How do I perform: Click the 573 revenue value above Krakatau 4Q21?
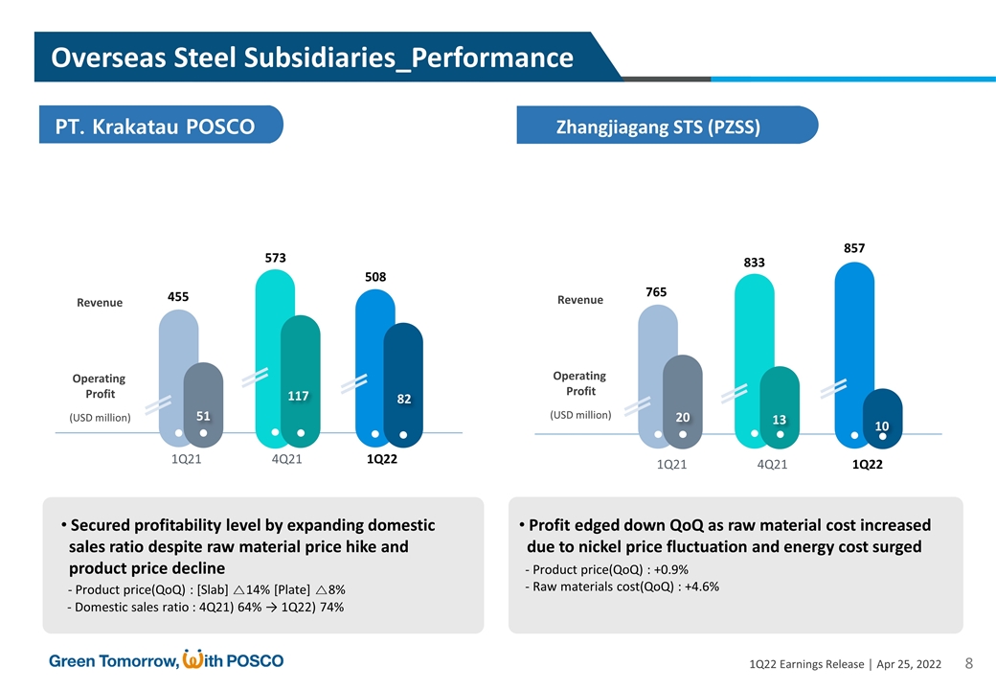coord(276,258)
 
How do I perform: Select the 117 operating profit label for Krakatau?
coord(301,396)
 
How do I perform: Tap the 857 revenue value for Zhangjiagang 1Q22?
coord(854,247)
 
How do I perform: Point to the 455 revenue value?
coord(179,298)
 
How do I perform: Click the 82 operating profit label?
coord(404,398)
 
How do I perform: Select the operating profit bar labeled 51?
coord(203,402)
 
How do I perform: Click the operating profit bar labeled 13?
coord(780,407)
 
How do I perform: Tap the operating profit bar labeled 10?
coord(881,418)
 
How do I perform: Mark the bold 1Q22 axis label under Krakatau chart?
coord(382,460)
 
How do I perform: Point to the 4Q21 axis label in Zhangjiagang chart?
coord(772,465)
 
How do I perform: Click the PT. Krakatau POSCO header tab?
coord(161,126)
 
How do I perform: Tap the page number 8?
coord(968,663)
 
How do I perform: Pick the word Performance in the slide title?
coord(493,58)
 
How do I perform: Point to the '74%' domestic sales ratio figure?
coord(330,607)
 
